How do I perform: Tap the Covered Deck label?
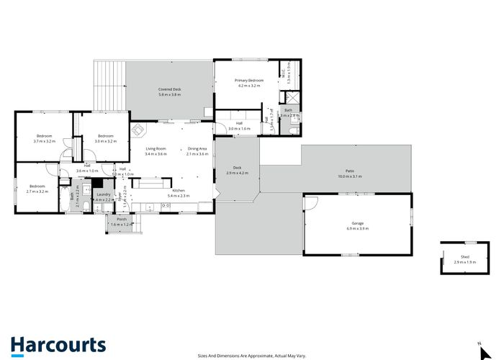tap(171, 89)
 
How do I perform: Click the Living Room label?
tap(156, 148)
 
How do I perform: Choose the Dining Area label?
tap(197, 148)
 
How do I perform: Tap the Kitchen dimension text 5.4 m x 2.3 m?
tap(178, 196)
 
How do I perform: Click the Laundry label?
tap(103, 194)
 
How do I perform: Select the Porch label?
tap(122, 220)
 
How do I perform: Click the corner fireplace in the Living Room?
tap(139, 131)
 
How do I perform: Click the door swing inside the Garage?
tap(310, 204)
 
